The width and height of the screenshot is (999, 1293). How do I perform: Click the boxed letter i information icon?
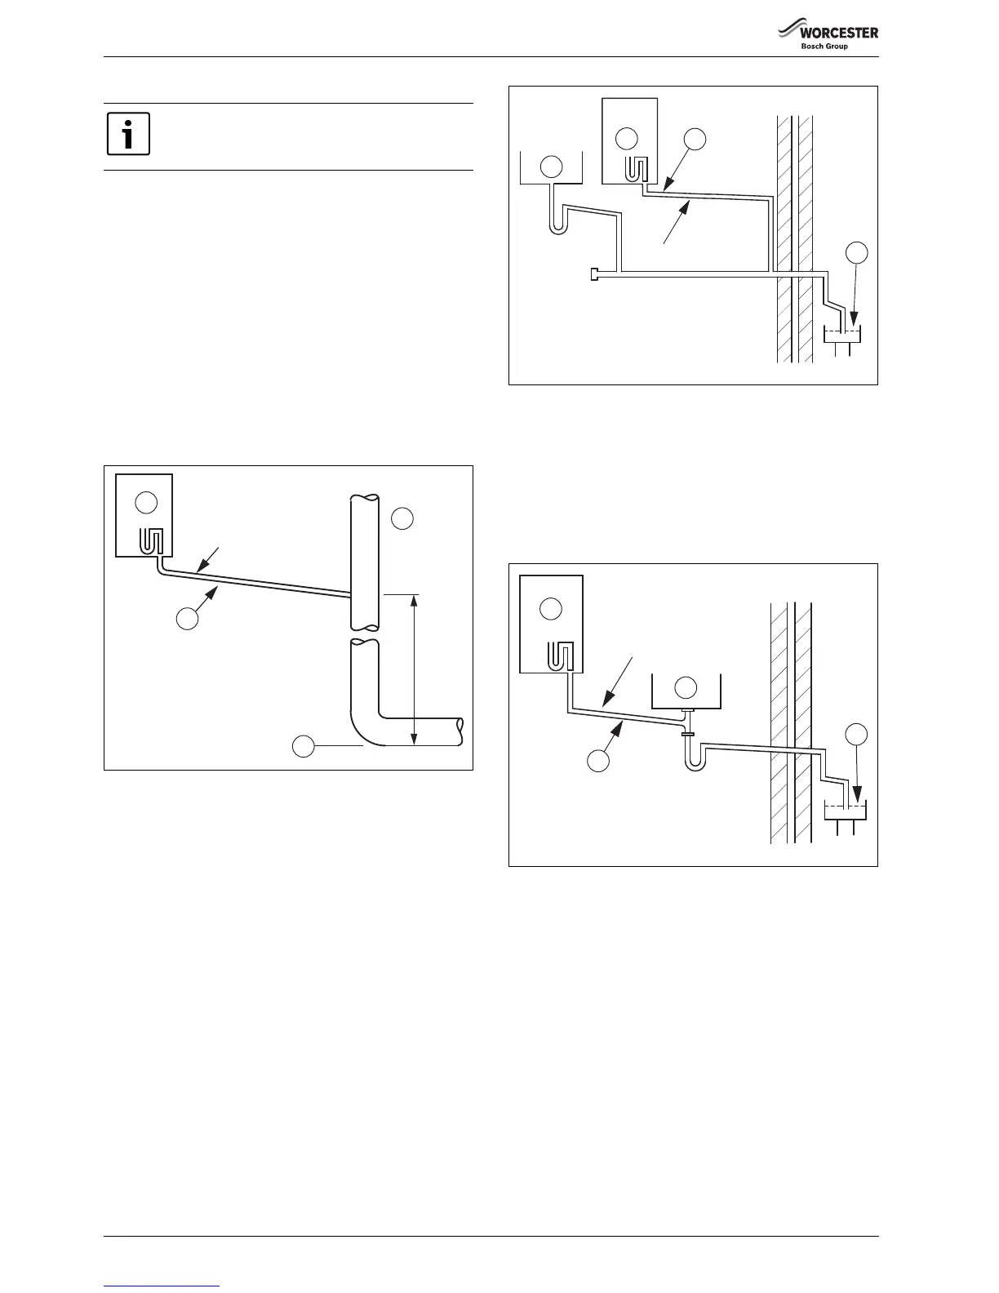tap(128, 134)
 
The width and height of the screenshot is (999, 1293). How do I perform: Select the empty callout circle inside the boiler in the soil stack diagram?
tap(146, 504)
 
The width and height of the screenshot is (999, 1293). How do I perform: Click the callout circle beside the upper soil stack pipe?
tap(402, 518)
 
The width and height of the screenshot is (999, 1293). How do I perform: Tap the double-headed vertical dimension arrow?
tap(415, 670)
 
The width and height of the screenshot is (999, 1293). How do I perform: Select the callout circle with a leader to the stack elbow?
tap(304, 745)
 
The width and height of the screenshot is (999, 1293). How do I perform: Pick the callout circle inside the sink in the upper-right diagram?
tap(552, 168)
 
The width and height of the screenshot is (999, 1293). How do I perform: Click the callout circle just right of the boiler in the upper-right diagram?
tap(695, 140)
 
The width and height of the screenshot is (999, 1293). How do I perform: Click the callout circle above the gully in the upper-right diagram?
tap(856, 254)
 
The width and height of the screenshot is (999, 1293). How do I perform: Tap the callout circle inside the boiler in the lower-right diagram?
tap(552, 608)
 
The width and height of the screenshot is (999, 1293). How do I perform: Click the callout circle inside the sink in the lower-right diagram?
tap(686, 687)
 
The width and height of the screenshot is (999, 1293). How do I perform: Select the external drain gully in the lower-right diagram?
tap(845, 811)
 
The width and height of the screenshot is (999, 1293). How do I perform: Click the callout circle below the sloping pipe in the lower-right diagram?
tap(599, 762)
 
